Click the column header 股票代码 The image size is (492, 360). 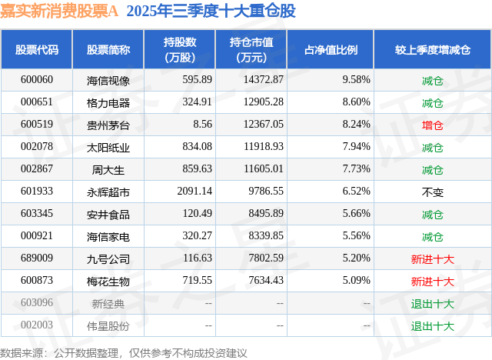point(37,50)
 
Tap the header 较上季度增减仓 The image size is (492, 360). point(432,50)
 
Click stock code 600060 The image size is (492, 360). point(37,80)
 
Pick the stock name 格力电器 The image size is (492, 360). point(108,102)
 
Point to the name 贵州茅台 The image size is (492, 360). point(108,125)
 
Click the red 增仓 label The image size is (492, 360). point(432,125)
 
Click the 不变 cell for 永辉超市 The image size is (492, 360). point(432,192)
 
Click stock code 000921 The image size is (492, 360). point(37,237)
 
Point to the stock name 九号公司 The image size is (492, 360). point(108,259)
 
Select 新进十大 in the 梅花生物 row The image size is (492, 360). point(432,282)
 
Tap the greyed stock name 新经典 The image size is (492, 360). point(108,304)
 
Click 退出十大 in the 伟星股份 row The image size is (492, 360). point(432,326)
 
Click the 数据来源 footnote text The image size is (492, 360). point(124,352)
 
